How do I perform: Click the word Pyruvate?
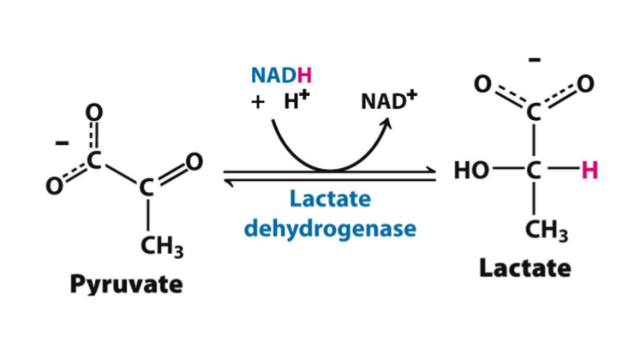pyautogui.click(x=126, y=284)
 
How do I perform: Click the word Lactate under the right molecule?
pyautogui.click(x=524, y=268)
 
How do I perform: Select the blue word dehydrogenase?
pyautogui.click(x=330, y=229)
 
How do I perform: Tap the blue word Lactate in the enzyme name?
pyautogui.click(x=330, y=200)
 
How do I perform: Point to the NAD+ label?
pyautogui.click(x=388, y=101)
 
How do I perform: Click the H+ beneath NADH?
pyautogui.click(x=296, y=100)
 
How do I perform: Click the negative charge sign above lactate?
pyautogui.click(x=534, y=61)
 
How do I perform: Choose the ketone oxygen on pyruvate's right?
pyautogui.click(x=194, y=161)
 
